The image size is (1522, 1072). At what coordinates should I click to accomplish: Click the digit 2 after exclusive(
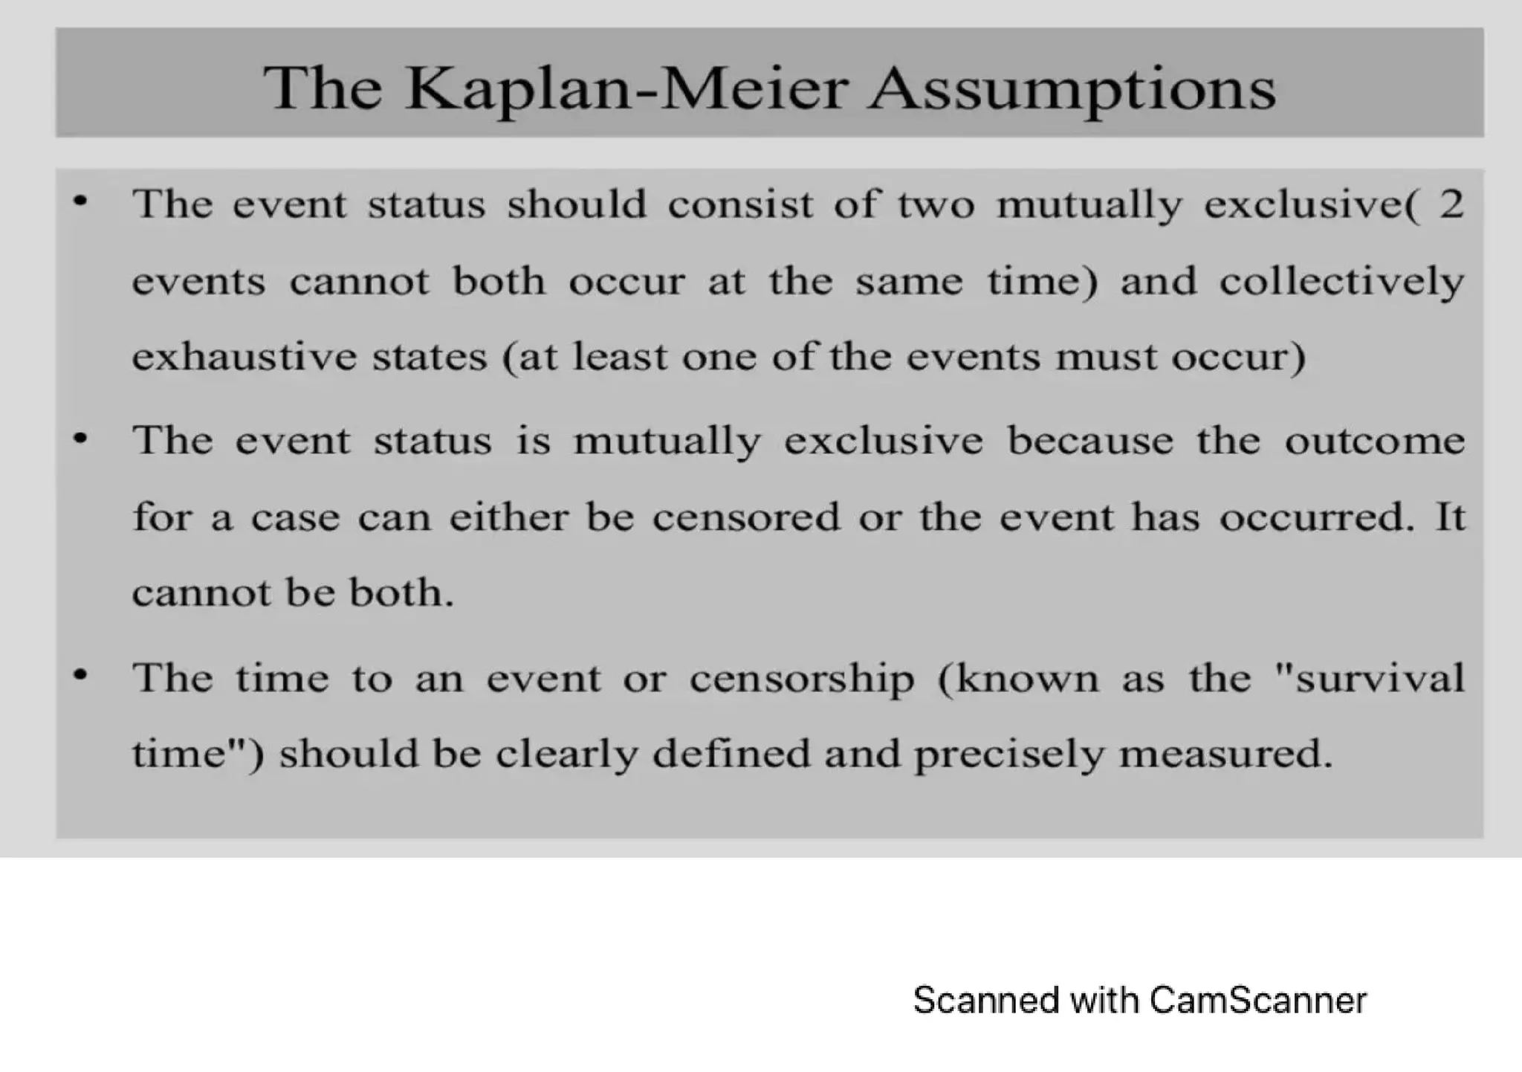[x=1451, y=204]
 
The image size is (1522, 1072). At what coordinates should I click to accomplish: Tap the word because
[x=1089, y=441]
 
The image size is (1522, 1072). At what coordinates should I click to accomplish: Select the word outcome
[x=1375, y=441]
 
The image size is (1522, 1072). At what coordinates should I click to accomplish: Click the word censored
[x=745, y=517]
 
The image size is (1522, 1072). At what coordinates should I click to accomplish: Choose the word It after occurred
[x=1450, y=517]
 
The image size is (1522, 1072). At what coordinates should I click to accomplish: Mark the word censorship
[x=801, y=679]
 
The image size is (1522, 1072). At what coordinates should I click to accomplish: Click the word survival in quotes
[x=1379, y=678]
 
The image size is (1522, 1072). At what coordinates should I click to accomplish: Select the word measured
[x=1225, y=754]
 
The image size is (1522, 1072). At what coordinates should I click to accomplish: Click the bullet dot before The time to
[x=80, y=675]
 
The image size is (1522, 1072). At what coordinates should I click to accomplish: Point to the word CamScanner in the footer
[x=1257, y=1001]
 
